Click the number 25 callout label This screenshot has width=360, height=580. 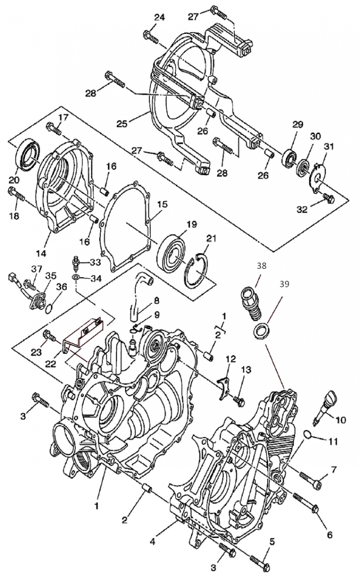pos(122,124)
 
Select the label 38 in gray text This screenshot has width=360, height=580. pos(261,266)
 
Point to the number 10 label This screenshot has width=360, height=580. pos(341,420)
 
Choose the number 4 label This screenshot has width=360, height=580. pos(152,542)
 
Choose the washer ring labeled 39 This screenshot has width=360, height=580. pos(260,332)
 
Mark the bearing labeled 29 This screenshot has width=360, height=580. pos(290,157)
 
